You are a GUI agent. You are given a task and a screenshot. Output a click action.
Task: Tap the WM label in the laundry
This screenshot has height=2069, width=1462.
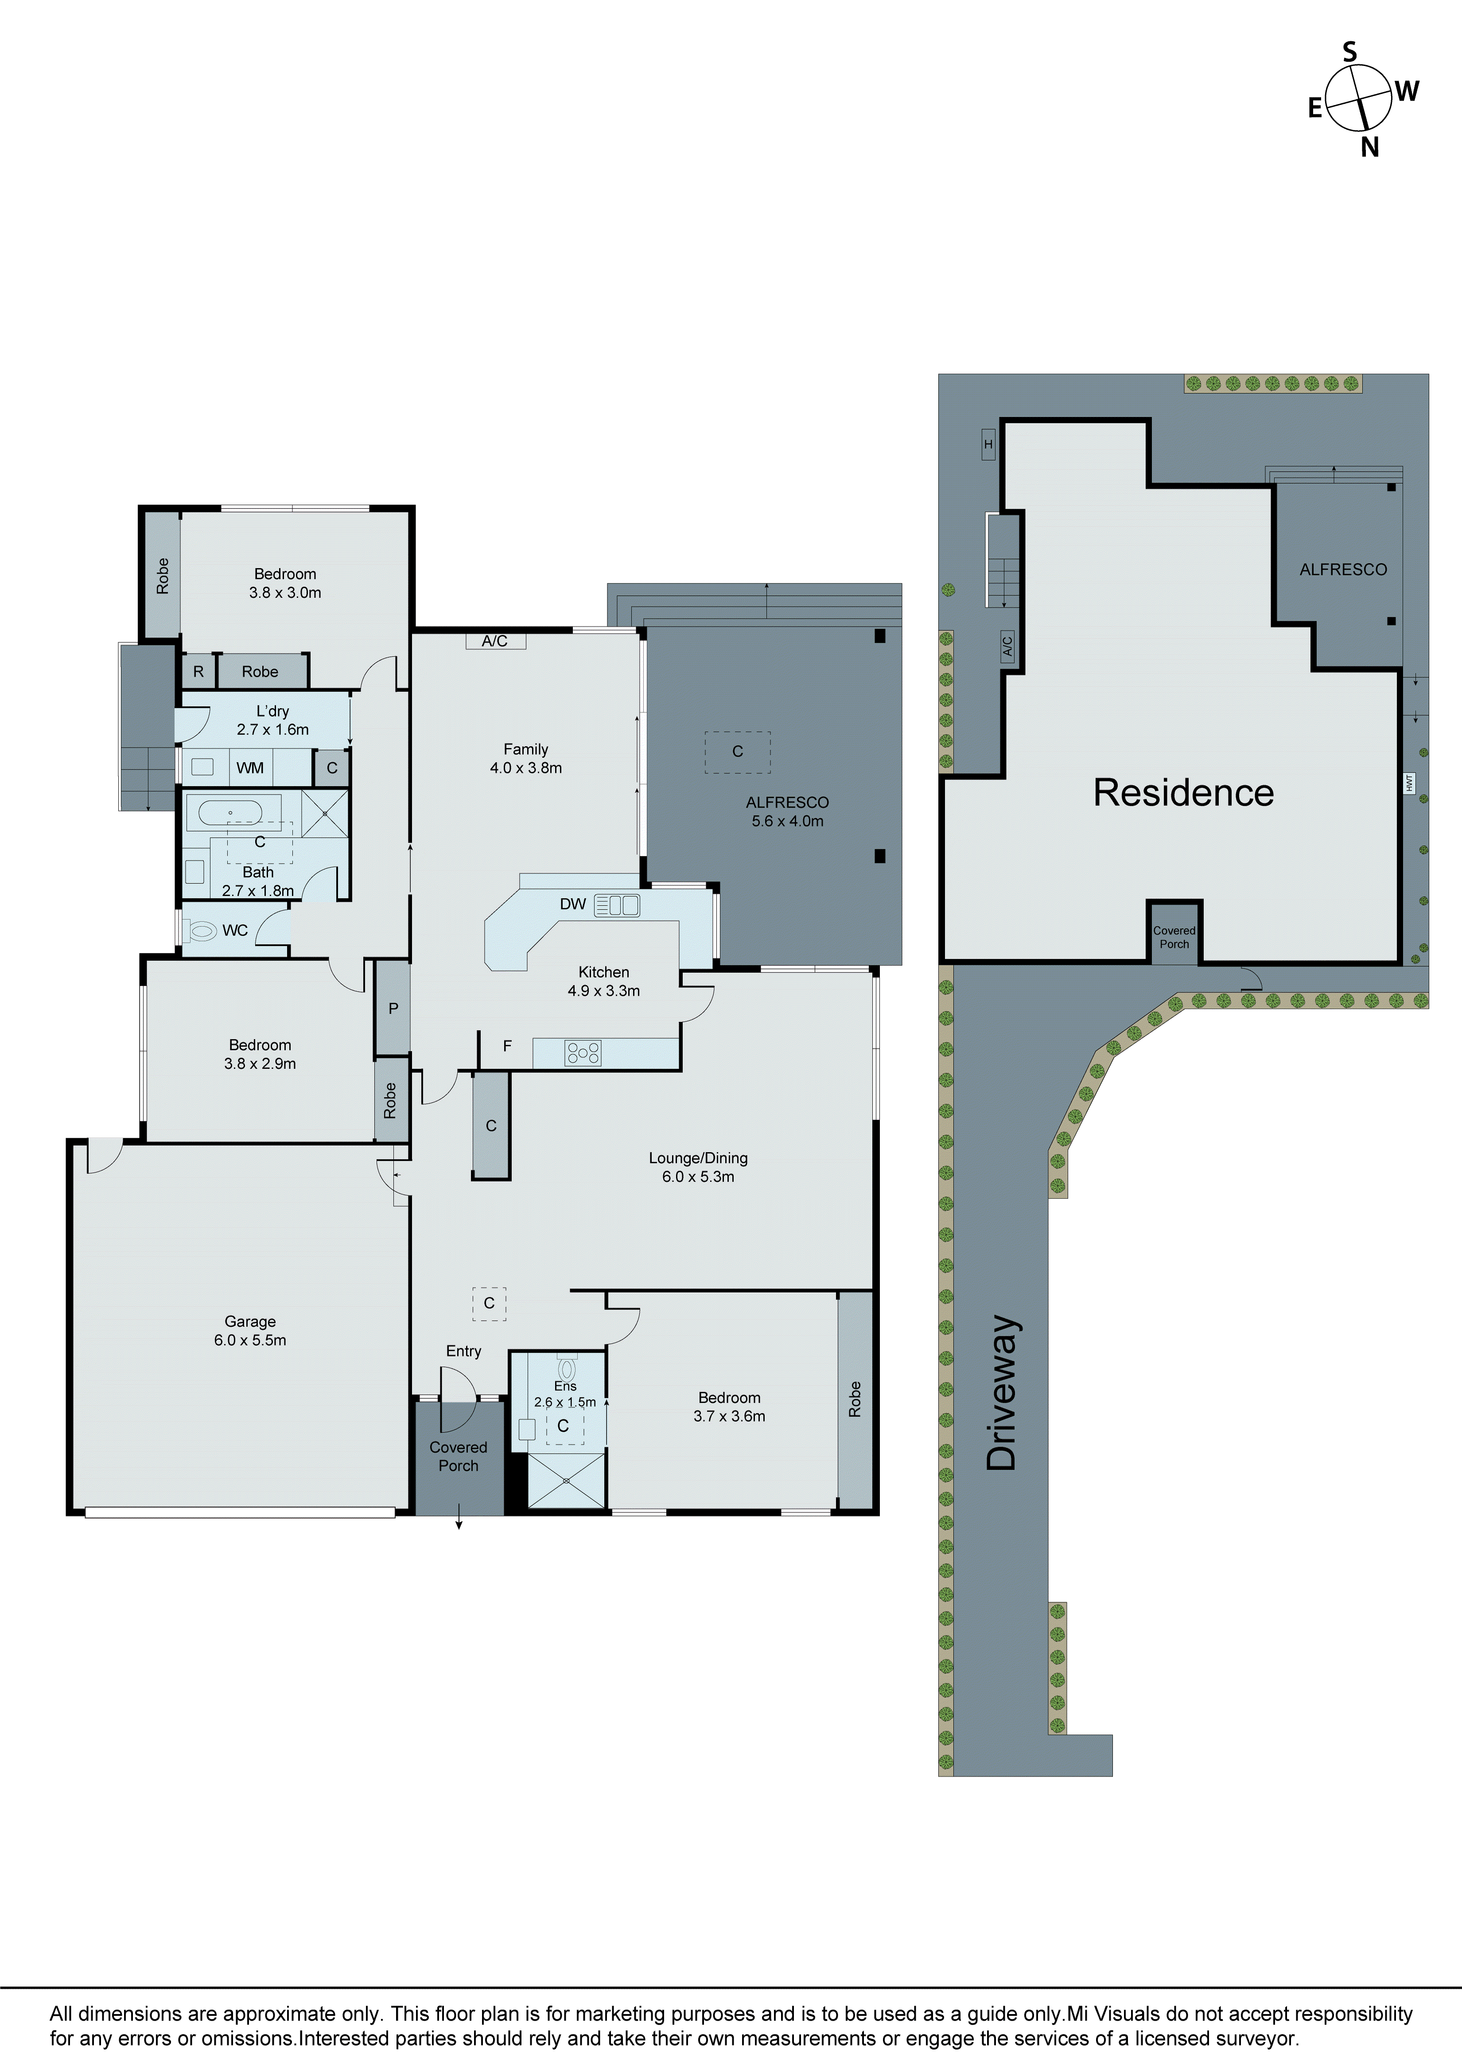coord(250,768)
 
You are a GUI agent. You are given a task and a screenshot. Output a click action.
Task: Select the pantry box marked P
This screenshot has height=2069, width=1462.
coord(393,1008)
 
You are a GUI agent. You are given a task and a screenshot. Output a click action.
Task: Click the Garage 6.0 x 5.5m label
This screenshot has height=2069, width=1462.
coord(250,1330)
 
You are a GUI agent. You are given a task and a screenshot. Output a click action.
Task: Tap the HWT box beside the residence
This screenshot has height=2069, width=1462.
coord(1410,783)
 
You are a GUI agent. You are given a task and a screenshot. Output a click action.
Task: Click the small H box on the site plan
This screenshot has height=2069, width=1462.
coord(988,444)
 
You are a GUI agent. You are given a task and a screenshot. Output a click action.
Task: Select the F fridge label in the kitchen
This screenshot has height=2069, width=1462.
coord(507,1046)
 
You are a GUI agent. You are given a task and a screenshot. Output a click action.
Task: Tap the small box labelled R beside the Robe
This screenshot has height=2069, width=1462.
coord(198,671)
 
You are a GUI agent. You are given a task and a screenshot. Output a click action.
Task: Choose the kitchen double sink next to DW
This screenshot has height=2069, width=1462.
coord(618,905)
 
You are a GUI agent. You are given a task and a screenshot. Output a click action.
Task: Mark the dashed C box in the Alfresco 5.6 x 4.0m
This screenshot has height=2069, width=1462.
coord(737,751)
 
